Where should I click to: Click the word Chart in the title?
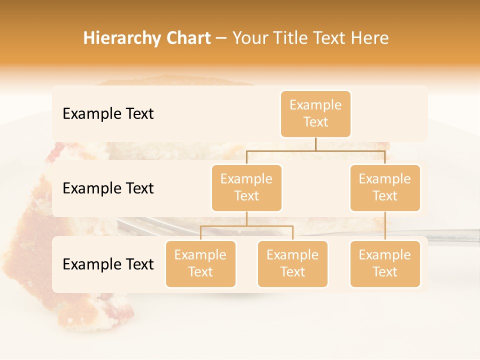tap(188, 38)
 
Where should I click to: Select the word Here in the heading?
tap(369, 38)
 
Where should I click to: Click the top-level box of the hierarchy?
tap(315, 114)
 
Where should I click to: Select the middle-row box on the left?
tap(246, 187)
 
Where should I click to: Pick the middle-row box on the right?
tap(385, 187)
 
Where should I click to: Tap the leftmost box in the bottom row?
tap(200, 263)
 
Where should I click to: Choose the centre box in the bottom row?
tap(292, 263)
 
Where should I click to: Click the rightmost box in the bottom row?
tap(385, 263)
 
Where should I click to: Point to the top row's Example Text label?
tap(108, 114)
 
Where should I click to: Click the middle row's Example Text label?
tap(108, 188)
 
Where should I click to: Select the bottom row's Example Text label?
tap(108, 264)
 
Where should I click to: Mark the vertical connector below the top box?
tap(315, 144)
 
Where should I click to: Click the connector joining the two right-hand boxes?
tap(385, 226)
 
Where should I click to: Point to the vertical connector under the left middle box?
tap(246, 218)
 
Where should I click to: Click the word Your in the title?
tap(248, 38)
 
